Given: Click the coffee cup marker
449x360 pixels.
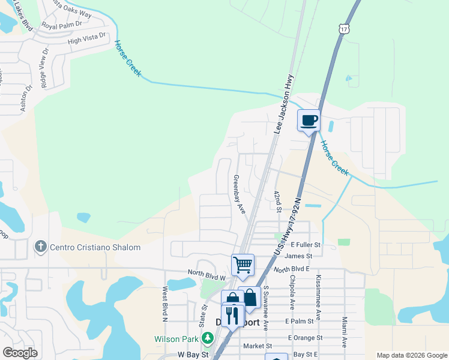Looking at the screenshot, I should coord(309,121).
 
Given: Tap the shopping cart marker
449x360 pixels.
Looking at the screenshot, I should coord(243,265).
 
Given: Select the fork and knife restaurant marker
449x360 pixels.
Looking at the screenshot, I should coord(232,314).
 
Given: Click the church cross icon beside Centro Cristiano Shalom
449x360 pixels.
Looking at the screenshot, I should coord(40,247).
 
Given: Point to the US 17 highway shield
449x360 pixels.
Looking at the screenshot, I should coord(343,29).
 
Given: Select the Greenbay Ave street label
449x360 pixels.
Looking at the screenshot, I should coord(240,194).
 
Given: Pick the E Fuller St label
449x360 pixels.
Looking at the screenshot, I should coord(306,245).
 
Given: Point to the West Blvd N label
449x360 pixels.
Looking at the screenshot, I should coord(164,302).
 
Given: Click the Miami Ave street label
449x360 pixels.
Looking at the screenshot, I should coord(345,332).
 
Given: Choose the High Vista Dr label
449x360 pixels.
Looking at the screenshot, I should coord(86,39).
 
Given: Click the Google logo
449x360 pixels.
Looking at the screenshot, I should coord(20,353).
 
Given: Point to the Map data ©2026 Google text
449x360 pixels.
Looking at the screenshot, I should coord(411,355).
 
